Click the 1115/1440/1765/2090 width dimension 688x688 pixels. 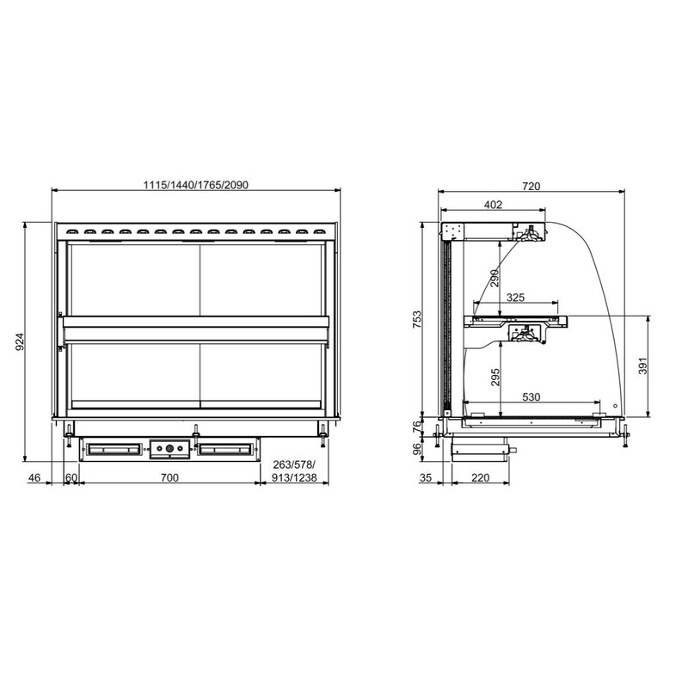coord(196,185)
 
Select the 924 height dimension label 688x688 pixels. coord(20,341)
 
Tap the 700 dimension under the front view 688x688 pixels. coord(169,477)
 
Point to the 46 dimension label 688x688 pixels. coord(34,477)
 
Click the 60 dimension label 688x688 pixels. coord(71,477)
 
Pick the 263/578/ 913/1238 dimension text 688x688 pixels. coord(294,471)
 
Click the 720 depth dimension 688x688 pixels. coord(531,186)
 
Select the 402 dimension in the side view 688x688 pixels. coord(493,205)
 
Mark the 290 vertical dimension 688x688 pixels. coord(494,278)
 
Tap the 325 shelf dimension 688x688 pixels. coord(515,298)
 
